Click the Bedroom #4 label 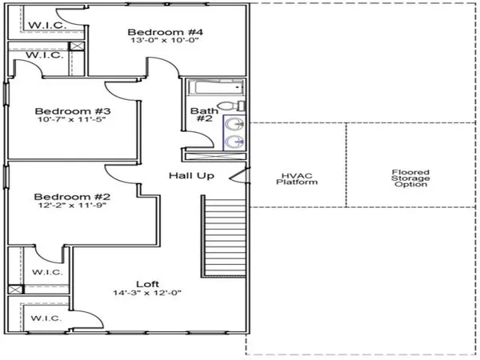tap(165, 32)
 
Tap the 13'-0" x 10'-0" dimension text tap(165, 41)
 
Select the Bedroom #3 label tap(73, 111)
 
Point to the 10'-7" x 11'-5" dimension tap(72, 119)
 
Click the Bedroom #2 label tap(72, 197)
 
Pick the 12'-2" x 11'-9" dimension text tap(72, 205)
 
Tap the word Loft tap(147, 284)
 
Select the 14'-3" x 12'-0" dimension tap(147, 293)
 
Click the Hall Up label tap(191, 176)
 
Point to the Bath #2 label tap(204, 114)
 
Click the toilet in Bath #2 tap(233, 106)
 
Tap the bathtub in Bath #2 tap(216, 87)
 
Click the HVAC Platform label tap(297, 179)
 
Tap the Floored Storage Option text tap(410, 178)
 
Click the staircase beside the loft tap(224, 236)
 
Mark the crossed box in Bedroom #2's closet tap(16, 290)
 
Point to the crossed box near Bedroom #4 tap(77, 46)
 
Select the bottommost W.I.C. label tap(46, 318)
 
